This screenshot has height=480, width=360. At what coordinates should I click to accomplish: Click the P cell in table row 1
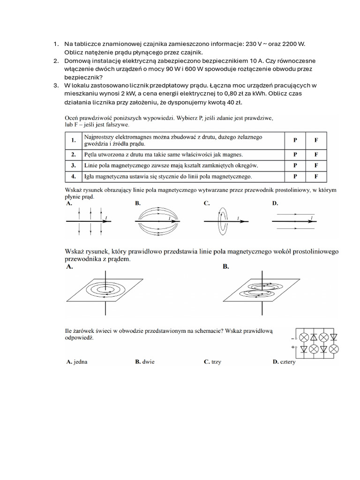click(295, 140)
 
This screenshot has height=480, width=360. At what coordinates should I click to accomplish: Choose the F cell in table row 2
click(316, 154)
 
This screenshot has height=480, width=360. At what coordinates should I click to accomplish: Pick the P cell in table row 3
click(295, 165)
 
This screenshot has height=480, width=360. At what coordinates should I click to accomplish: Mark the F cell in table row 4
click(316, 177)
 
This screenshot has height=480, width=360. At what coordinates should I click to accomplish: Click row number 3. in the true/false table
click(73, 165)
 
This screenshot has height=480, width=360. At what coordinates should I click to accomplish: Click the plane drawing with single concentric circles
click(106, 290)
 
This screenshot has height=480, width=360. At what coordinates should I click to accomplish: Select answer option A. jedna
click(77, 362)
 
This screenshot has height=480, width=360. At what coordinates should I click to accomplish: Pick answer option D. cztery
click(284, 362)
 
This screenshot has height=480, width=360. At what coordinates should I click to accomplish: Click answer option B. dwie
click(145, 362)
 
